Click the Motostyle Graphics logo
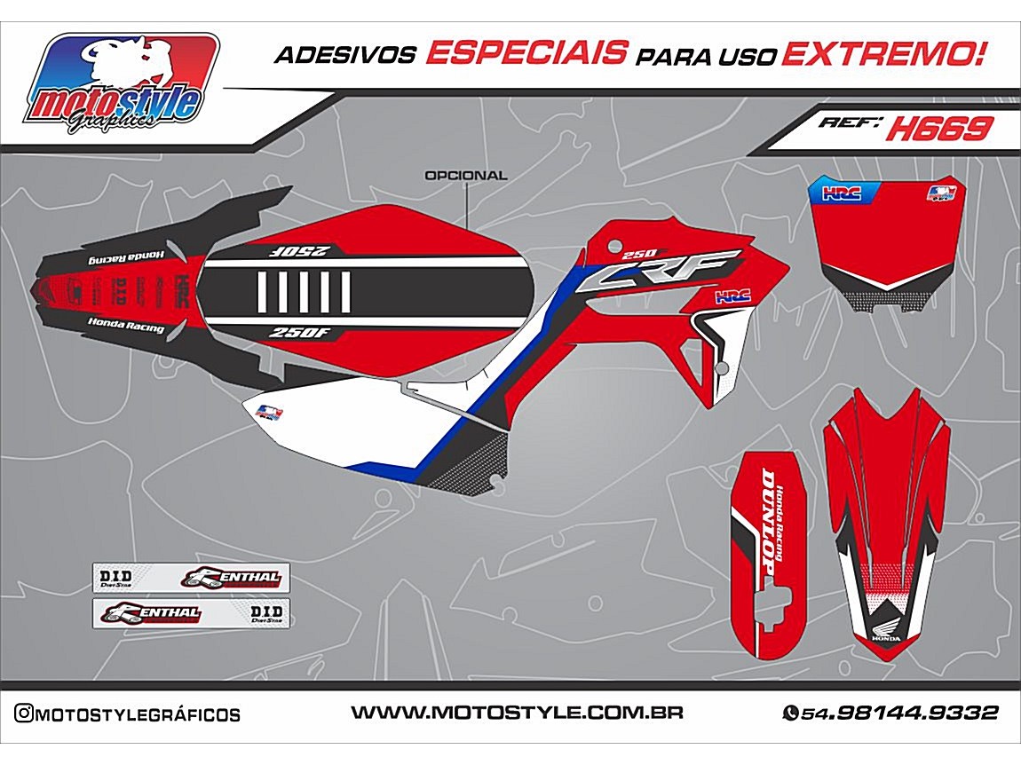click(123, 84)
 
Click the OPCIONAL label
click(466, 175)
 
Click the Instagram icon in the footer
click(25, 714)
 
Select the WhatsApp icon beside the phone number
click(789, 713)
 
